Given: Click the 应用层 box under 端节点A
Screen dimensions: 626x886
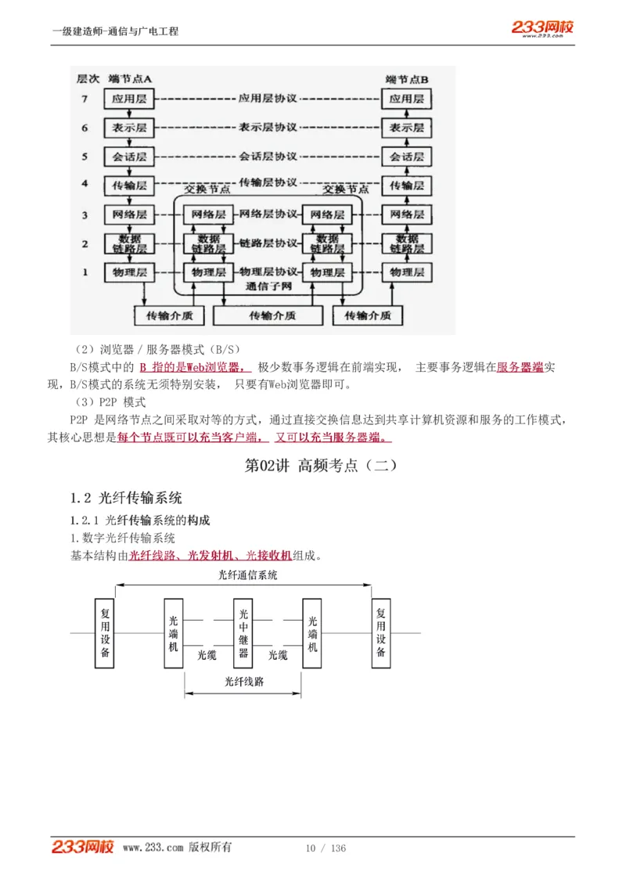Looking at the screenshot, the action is coord(130,99).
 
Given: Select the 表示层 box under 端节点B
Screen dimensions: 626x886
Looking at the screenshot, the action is coord(406,128).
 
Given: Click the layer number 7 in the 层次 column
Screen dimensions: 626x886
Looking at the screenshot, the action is coord(85,99).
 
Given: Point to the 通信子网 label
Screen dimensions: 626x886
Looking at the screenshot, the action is coord(268,286).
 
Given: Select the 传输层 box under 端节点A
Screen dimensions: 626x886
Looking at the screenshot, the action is coord(130,185).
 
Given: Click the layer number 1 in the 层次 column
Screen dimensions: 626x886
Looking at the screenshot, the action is coord(85,272).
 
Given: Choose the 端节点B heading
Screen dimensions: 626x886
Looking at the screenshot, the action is coord(407,80).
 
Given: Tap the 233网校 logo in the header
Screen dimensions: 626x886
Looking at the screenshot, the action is coord(542,28).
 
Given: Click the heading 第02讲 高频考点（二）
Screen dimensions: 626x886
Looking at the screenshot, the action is coord(321,465).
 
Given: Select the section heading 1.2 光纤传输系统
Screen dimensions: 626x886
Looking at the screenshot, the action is coord(126,498).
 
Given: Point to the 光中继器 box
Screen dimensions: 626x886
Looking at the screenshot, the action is coord(243,633).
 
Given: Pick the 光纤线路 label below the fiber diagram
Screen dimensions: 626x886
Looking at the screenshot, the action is coord(243,681).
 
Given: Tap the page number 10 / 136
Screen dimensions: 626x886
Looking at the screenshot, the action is coord(326,848).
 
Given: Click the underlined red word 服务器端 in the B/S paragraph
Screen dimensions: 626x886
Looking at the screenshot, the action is coord(520,367).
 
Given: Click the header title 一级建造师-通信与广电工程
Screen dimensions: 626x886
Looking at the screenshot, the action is coord(115,31).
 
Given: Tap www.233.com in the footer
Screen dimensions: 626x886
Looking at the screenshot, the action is coord(153,848).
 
